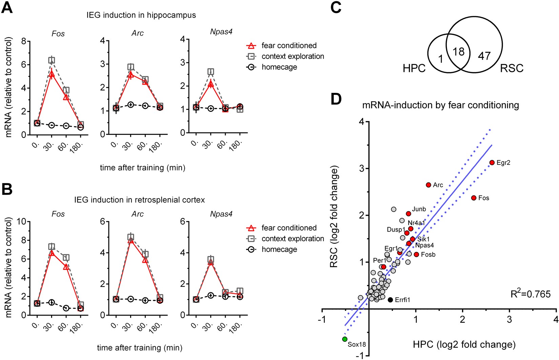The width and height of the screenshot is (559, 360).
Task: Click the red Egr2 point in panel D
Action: [492, 163]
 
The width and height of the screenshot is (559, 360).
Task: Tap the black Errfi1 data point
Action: [390, 300]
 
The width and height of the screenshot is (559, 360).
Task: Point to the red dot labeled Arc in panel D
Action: [428, 185]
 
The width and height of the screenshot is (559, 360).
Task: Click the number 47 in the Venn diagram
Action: [484, 56]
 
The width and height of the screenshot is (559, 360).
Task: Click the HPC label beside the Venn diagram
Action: [414, 68]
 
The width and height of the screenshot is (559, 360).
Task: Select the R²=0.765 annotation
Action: [530, 294]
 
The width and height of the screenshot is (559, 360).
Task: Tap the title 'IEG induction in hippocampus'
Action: [141, 15]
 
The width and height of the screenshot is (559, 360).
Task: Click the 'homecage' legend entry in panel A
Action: [279, 67]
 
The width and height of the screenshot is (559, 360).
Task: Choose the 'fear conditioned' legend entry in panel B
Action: [289, 228]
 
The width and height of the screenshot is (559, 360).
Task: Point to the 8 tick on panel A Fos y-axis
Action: [24, 41]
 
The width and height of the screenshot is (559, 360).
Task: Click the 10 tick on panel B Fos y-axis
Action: [22, 222]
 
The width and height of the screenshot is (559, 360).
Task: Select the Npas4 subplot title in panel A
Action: [221, 32]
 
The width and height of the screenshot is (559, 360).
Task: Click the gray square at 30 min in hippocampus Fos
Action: [51, 61]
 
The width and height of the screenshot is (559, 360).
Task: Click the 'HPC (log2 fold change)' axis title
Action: [464, 345]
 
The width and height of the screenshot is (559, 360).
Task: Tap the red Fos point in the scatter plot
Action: [474, 198]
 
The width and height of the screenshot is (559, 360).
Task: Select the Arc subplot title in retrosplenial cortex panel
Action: [138, 214]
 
